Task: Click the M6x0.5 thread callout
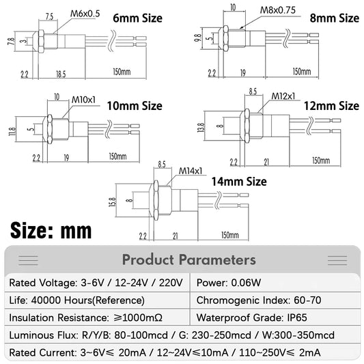(x=85, y=14)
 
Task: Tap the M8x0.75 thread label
(x=278, y=10)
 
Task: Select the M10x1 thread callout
(x=83, y=100)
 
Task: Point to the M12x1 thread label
(x=283, y=96)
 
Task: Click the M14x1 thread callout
(x=191, y=171)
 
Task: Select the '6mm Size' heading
(x=138, y=18)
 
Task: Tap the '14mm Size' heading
(x=239, y=182)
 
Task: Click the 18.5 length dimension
(x=61, y=74)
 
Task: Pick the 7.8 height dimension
(x=11, y=42)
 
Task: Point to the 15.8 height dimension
(x=112, y=202)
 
